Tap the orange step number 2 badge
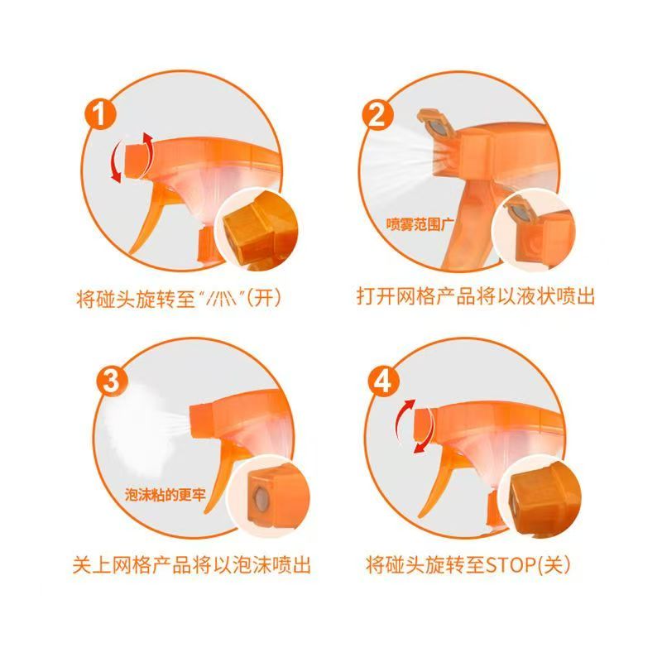377,114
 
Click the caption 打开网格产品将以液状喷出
475,296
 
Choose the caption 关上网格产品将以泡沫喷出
190,566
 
